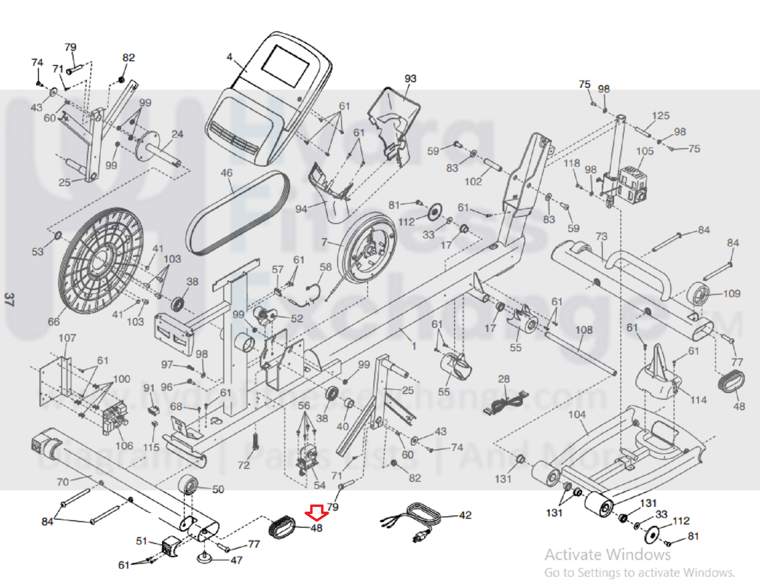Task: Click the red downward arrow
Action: coord(316,513)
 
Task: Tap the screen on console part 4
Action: coord(285,66)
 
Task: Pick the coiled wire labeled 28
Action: coord(506,404)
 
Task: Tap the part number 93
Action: coord(410,78)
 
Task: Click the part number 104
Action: coord(577,415)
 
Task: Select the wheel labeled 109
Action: coord(699,294)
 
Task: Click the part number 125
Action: coord(661,115)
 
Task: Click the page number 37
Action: coord(9,299)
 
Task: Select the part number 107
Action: coord(67,338)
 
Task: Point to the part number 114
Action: coord(698,400)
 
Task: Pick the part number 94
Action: coord(301,209)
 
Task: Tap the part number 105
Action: coord(645,151)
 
